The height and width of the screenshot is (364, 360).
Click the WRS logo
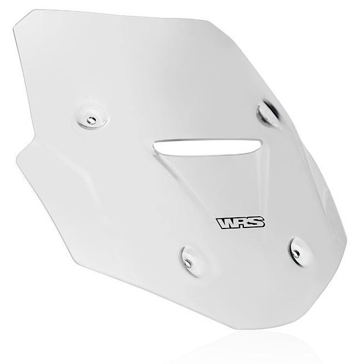(x=241, y=223)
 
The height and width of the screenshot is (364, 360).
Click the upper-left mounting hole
(x=91, y=120)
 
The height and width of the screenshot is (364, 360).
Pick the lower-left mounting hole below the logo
(x=188, y=262)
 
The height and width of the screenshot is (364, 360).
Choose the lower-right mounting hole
(x=296, y=253)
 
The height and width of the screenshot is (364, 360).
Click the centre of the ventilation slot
(x=207, y=147)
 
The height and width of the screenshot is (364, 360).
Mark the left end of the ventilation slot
(x=154, y=145)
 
